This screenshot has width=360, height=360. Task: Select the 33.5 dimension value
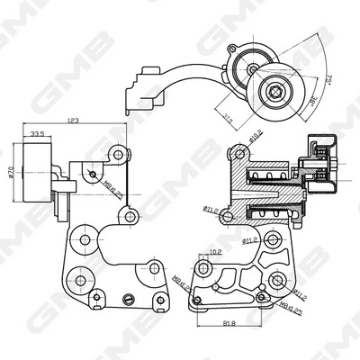pos(39,135)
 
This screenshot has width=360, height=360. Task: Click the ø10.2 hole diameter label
pos(255,138)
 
